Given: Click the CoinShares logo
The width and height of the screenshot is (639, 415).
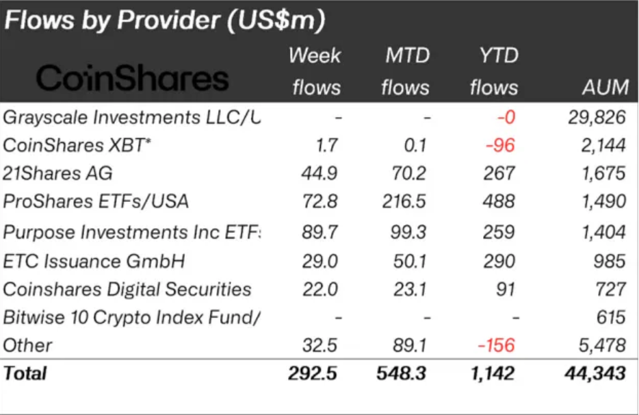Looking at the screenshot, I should click(132, 79).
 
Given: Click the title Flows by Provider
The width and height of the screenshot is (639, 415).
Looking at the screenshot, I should click(164, 21).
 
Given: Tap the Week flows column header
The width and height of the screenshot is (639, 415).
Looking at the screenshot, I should click(315, 71).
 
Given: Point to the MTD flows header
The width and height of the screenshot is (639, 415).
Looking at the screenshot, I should click(406, 71).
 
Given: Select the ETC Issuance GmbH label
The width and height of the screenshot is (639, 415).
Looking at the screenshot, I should click(94, 261).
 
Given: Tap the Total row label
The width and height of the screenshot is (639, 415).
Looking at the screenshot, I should click(25, 373).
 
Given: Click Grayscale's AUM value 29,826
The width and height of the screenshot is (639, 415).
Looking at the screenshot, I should click(597, 117).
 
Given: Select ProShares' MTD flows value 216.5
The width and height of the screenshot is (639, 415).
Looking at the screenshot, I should click(406, 201).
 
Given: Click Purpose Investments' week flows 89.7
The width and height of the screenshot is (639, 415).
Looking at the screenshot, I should click(319, 232).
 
